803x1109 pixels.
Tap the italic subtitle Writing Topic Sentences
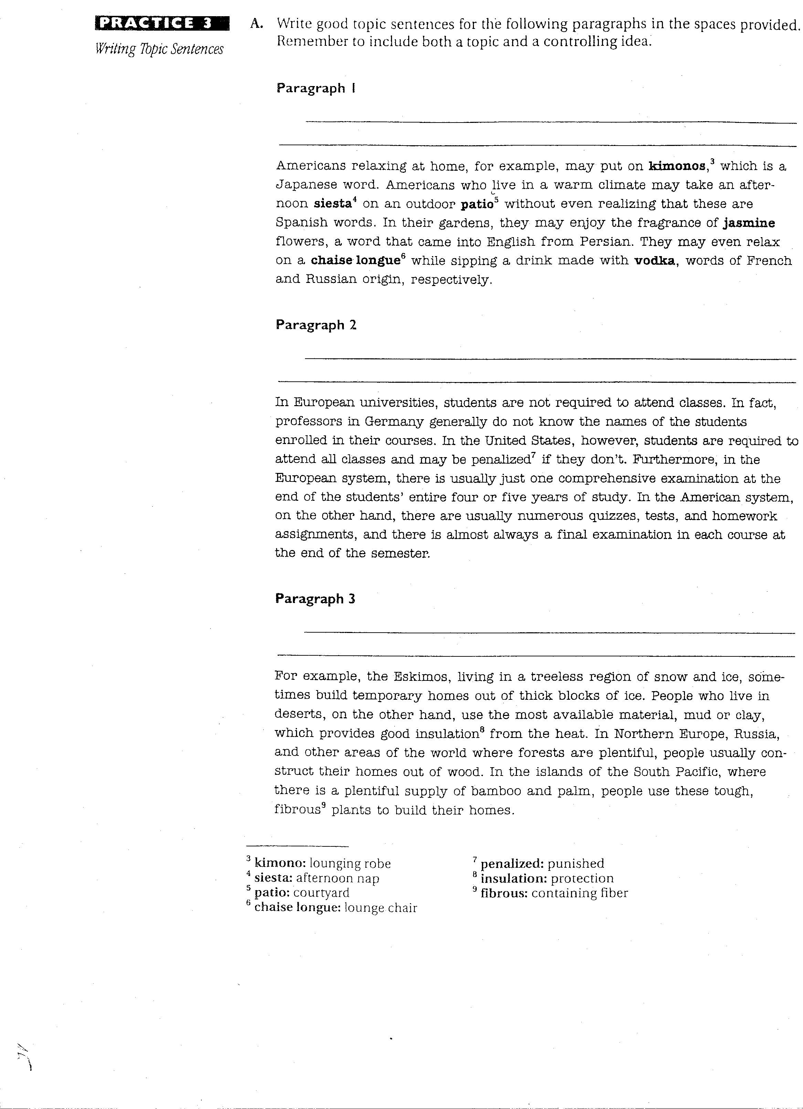click(x=159, y=49)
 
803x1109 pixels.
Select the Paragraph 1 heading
click(x=315, y=88)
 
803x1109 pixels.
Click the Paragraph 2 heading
click(x=316, y=325)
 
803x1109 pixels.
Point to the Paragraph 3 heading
click(x=315, y=599)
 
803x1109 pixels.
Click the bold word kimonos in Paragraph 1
click(x=677, y=166)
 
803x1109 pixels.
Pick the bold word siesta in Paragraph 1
click(x=332, y=204)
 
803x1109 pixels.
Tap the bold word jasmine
click(x=749, y=223)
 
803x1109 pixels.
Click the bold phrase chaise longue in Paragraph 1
click(x=356, y=261)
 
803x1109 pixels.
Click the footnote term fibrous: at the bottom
click(x=504, y=894)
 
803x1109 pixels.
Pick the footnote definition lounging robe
click(x=350, y=864)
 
